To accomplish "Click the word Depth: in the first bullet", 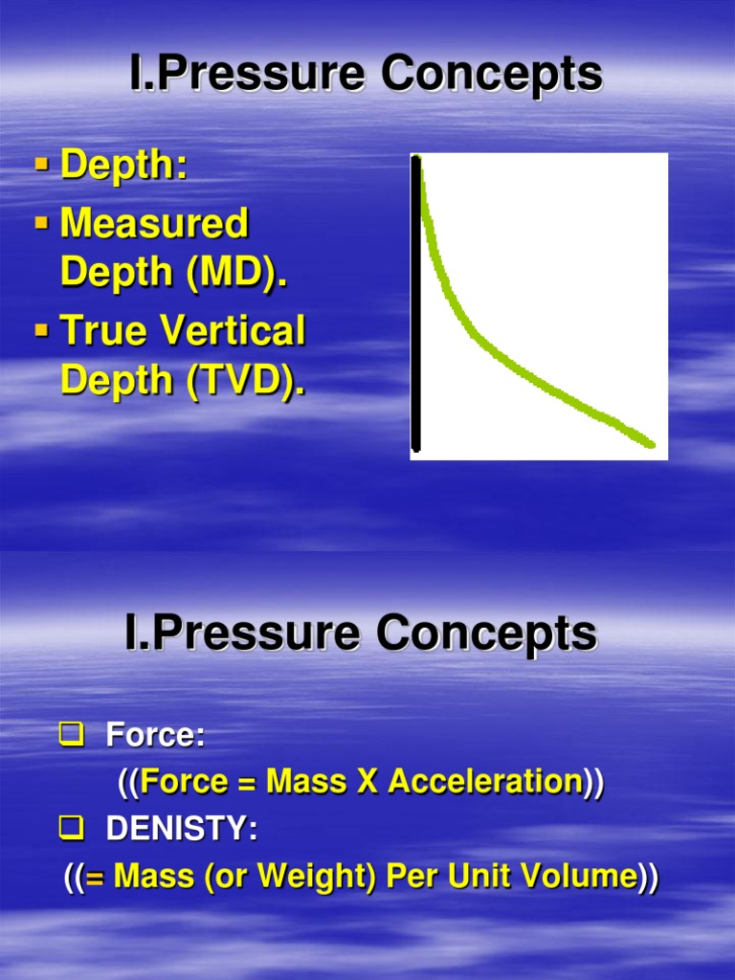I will [x=123, y=166].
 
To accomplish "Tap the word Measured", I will [x=154, y=224].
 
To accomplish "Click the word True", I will [x=104, y=331].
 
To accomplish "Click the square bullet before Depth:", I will [x=41, y=166].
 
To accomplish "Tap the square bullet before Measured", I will [x=41, y=223].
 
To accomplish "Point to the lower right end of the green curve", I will [x=651, y=444].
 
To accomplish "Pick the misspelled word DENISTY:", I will [x=182, y=830].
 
